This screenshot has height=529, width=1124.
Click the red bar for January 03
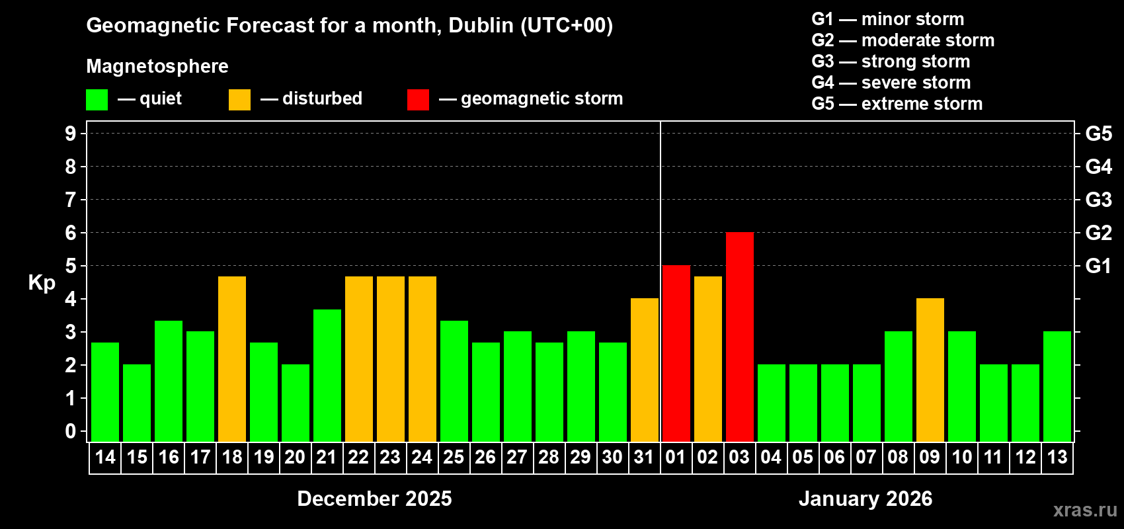[739, 337]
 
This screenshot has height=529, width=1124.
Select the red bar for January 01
[676, 354]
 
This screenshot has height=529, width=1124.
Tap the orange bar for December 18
[232, 359]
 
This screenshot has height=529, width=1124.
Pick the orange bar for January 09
[930, 370]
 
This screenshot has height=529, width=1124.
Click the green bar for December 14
[105, 392]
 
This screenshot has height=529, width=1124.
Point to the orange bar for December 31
[644, 370]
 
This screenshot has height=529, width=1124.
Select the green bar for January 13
[1057, 387]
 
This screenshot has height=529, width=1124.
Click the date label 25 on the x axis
[454, 458]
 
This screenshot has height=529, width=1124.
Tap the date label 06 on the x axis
[834, 458]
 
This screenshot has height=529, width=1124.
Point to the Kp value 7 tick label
[71, 200]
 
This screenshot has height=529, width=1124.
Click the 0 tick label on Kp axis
[71, 431]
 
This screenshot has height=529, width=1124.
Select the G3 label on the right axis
[1098, 200]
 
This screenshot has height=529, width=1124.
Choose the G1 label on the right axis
[1098, 266]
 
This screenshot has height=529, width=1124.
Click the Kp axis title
[42, 283]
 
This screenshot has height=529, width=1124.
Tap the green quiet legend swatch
[97, 100]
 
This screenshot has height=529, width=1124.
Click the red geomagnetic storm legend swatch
[418, 100]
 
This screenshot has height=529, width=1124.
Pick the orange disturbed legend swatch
[239, 100]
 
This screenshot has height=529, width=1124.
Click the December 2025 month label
[374, 499]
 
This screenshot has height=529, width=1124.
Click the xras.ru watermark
[1084, 510]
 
